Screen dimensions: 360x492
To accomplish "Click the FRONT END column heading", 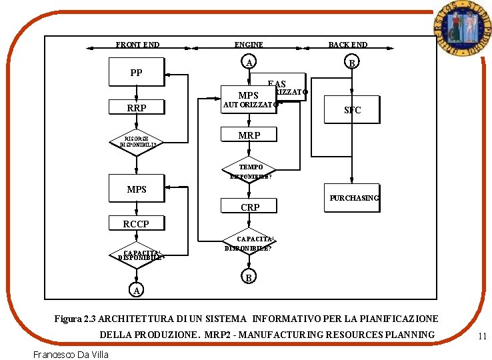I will pyautogui.click(x=137, y=45).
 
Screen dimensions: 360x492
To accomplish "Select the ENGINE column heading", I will pyautogui.click(x=249, y=45).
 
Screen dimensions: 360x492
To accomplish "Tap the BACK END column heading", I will pyautogui.click(x=347, y=45).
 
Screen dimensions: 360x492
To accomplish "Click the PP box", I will pyautogui.click(x=136, y=73).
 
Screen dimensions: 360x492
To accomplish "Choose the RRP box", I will pyautogui.click(x=136, y=107).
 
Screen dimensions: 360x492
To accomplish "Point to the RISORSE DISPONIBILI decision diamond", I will pyautogui.click(x=137, y=141).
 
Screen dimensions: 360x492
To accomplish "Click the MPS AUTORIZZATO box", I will pyautogui.click(x=249, y=99).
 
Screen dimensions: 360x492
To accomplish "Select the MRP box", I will pyautogui.click(x=249, y=135).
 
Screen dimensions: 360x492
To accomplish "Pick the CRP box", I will pyautogui.click(x=249, y=207).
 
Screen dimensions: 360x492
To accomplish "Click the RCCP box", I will pyautogui.click(x=136, y=224).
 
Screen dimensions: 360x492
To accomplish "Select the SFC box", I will pyautogui.click(x=352, y=110).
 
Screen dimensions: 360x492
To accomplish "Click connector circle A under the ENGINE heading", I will pyautogui.click(x=249, y=63).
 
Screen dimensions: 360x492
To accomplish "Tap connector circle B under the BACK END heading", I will pyautogui.click(x=352, y=63).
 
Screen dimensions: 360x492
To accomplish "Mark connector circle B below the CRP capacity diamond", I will pyautogui.click(x=248, y=277).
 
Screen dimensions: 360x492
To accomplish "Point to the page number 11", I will pyautogui.click(x=482, y=337).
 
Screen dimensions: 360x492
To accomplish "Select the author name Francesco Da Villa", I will pyautogui.click(x=71, y=353).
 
